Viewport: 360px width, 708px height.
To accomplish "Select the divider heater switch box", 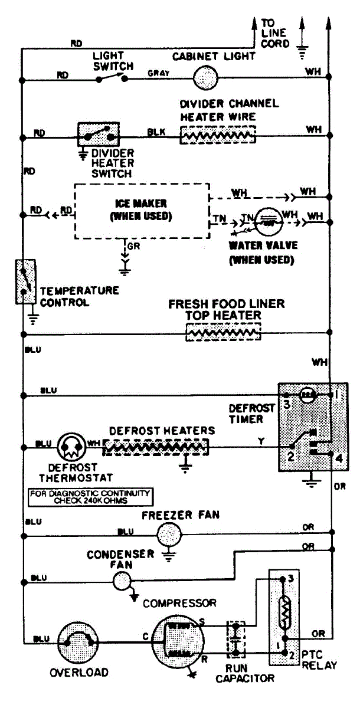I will point(99,135).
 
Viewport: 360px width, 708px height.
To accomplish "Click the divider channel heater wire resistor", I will point(218,135).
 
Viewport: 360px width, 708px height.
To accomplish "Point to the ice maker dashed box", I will point(141,211).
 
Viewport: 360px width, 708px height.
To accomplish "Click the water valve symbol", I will point(269,223).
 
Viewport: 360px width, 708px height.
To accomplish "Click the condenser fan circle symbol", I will point(123,581).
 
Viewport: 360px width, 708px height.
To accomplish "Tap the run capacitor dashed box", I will point(236,640).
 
